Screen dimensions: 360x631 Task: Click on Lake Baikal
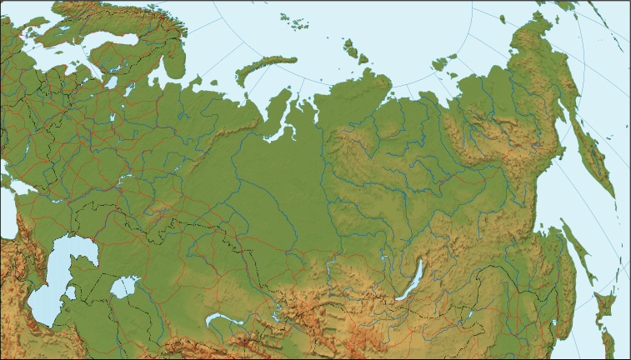412,281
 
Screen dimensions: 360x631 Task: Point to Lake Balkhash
220,318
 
